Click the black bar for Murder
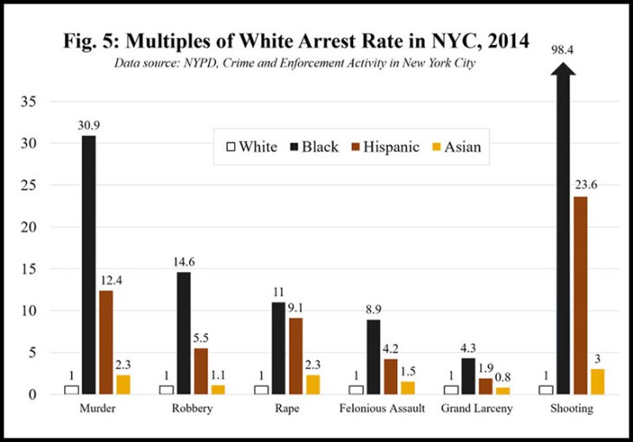[x=88, y=264]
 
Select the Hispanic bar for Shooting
[x=579, y=295]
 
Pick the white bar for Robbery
[x=166, y=389]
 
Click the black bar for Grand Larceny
[x=468, y=376]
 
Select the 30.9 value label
[x=88, y=126]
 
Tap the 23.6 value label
[x=579, y=185]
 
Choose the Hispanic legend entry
[x=378, y=146]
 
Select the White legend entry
[x=252, y=146]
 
